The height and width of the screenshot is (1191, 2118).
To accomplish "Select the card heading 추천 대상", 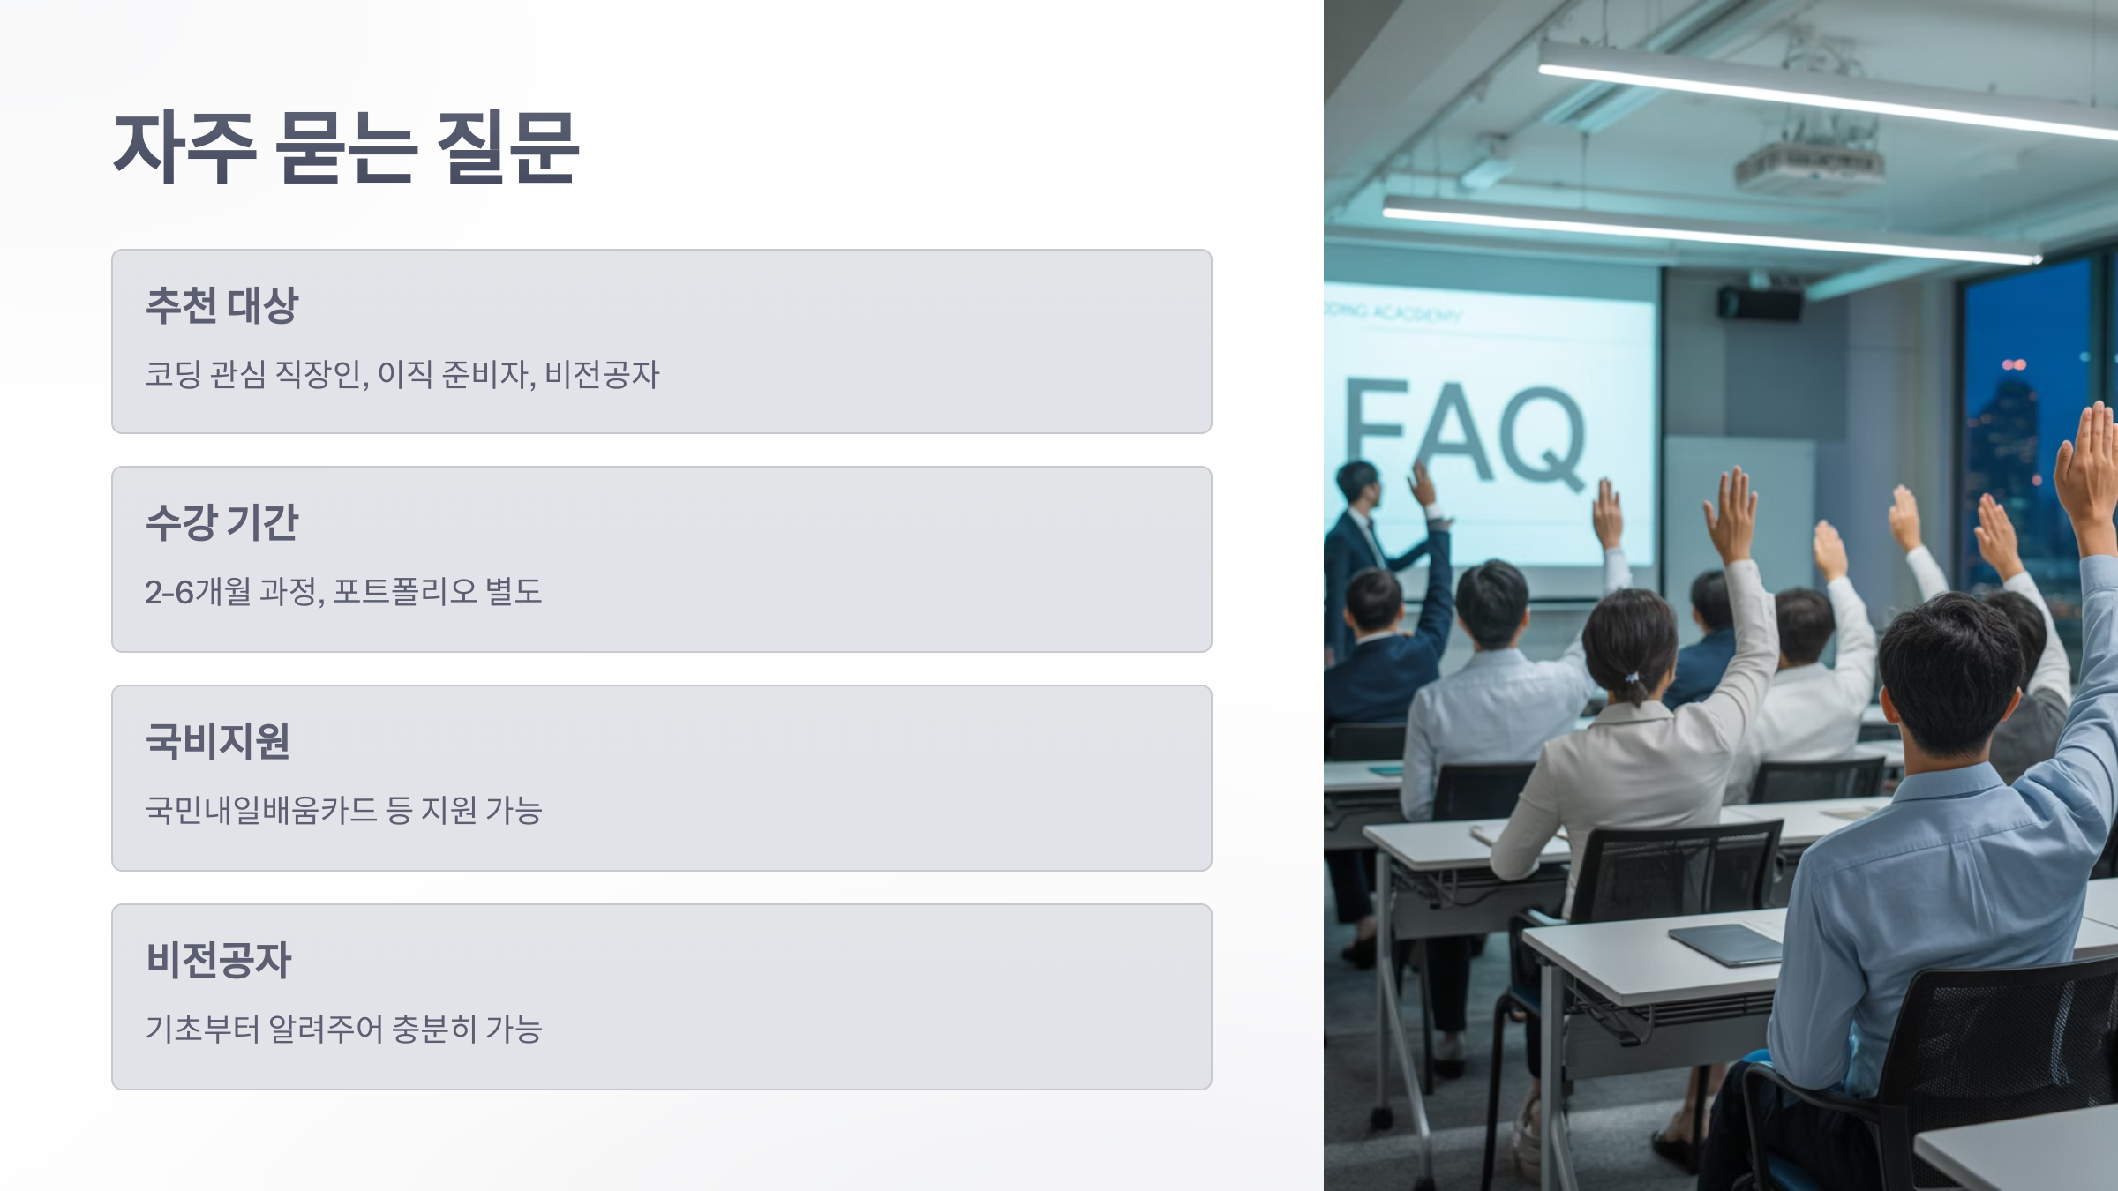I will point(222,305).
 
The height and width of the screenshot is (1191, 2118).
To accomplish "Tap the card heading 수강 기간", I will point(222,522).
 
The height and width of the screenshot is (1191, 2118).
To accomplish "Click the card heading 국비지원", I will point(218,741).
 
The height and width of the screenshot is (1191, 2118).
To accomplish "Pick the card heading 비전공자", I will point(218,960).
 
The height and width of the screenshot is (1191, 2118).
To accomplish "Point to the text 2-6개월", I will point(198,591).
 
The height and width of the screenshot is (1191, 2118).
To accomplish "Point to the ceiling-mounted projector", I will point(1809,163).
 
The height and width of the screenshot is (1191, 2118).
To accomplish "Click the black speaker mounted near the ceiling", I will point(1758,303).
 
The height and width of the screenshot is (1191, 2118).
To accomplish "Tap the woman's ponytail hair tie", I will point(1632,679).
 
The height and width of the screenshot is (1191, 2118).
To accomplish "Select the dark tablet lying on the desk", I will point(1725,944).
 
